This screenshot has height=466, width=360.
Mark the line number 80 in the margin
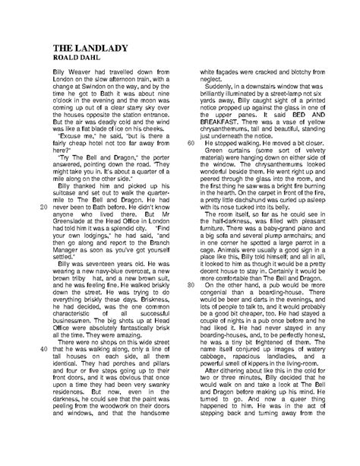click(x=191, y=262)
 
